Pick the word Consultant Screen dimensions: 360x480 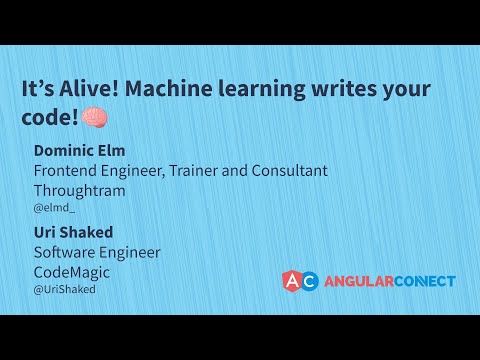284,170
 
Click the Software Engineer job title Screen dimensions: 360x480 97,252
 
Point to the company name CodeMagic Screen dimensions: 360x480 73,271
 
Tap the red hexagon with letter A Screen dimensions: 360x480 291,281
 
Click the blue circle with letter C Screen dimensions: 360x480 310,281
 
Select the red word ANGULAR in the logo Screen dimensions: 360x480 357,281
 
